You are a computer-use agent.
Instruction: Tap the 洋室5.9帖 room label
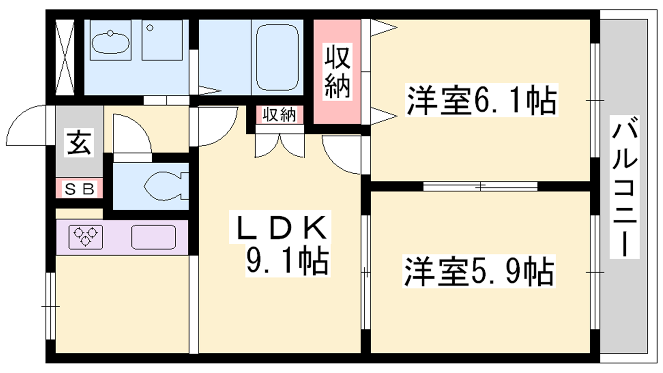point(479,272)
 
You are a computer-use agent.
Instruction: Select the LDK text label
point(281,228)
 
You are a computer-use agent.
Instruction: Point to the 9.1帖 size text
point(288,261)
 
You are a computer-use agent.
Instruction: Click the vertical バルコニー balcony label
point(624,186)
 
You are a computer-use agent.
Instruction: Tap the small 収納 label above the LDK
point(279,115)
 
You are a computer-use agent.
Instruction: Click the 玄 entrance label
point(79,142)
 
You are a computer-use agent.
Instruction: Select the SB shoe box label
point(80,189)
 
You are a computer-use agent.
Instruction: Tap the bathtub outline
point(277,57)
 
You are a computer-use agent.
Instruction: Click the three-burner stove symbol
point(86,237)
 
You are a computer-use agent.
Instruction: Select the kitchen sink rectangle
point(153,237)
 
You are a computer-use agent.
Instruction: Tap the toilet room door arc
point(131,135)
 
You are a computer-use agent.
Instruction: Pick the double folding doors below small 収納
point(280,145)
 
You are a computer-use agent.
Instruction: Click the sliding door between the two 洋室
point(480,186)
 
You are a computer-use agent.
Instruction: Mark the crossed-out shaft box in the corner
point(65,57)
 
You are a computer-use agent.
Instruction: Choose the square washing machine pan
point(162,40)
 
